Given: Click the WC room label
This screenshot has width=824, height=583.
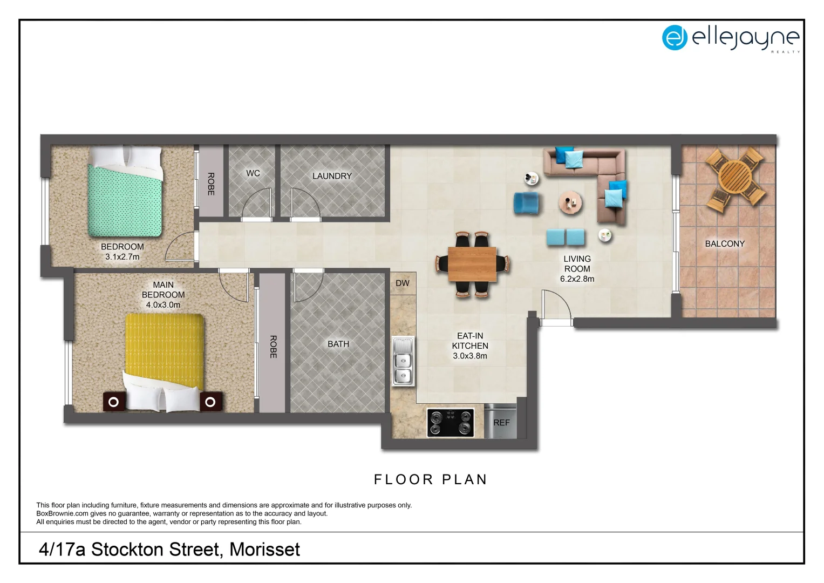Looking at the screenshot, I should [253, 173].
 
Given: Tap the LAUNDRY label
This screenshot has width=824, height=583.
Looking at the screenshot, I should [332, 176].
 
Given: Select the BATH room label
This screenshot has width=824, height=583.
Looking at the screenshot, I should [338, 344].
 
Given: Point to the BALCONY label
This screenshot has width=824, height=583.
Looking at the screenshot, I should [725, 244].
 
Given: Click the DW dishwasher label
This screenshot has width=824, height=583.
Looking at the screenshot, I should [403, 283].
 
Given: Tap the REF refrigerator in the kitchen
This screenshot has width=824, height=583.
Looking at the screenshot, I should [501, 422].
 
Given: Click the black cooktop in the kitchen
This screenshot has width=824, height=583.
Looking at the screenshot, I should [451, 422].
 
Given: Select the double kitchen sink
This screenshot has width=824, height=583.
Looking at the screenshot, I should [403, 361].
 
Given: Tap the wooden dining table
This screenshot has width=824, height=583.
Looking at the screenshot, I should [472, 264].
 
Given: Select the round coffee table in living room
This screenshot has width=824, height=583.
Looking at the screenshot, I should [570, 203].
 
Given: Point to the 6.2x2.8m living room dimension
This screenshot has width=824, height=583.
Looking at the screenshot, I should [577, 279].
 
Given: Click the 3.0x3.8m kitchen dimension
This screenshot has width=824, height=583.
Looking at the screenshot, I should [469, 356].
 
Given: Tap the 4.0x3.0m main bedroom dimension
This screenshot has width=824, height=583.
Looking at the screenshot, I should [163, 305].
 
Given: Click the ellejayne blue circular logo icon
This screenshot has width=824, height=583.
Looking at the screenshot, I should [675, 37].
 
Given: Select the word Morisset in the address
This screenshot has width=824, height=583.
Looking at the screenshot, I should [264, 550].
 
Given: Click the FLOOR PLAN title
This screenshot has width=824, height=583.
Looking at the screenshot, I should [431, 479].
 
